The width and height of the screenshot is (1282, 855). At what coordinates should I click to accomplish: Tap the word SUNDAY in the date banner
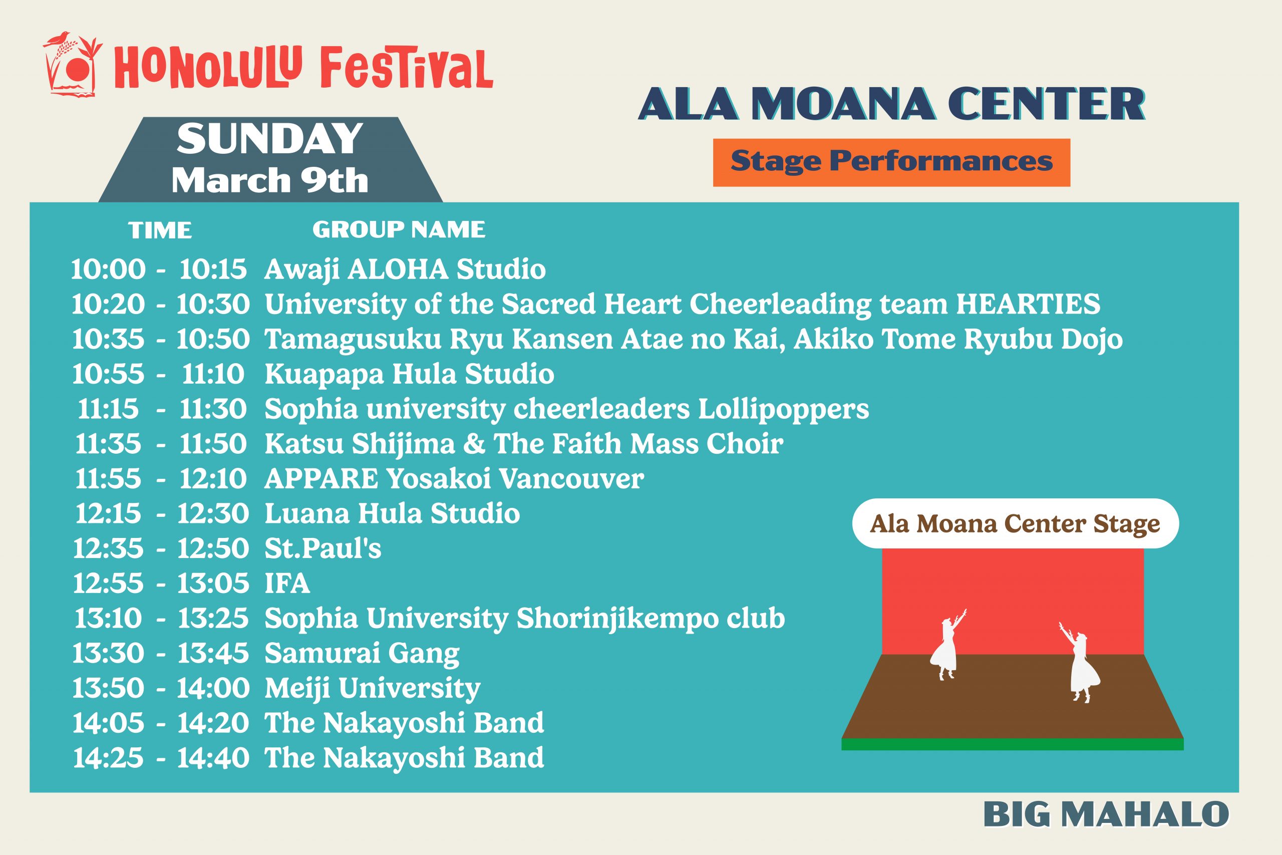tap(270, 139)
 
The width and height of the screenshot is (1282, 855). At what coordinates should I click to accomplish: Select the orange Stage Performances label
tap(891, 162)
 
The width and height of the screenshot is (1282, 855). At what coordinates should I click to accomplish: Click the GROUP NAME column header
tap(399, 229)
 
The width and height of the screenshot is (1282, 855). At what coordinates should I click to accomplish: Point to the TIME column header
tap(160, 230)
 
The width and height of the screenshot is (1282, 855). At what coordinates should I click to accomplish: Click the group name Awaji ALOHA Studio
tap(405, 270)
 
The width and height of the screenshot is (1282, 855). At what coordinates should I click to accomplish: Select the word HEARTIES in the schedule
tap(1028, 304)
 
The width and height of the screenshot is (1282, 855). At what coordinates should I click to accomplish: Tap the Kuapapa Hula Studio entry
tap(409, 375)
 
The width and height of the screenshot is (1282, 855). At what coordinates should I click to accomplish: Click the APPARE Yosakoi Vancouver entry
tap(454, 479)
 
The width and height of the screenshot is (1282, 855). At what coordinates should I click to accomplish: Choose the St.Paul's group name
tap(323, 548)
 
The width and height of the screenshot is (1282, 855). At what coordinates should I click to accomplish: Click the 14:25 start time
tap(109, 758)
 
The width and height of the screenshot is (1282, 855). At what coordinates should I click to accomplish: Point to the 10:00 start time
tap(109, 269)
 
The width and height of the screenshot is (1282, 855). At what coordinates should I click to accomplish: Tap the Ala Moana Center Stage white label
tap(1016, 523)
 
